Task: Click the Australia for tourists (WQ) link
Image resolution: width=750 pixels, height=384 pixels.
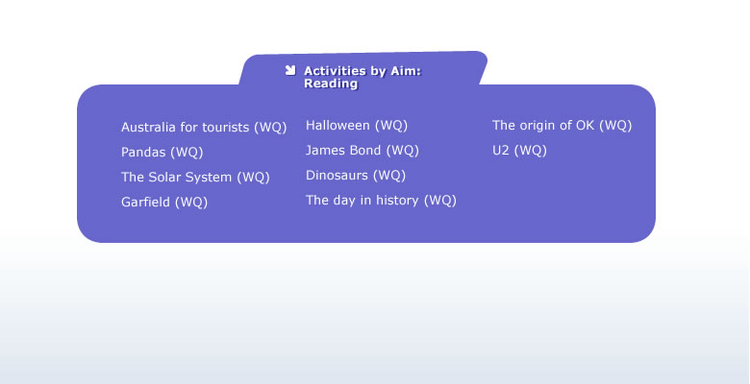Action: click(204, 128)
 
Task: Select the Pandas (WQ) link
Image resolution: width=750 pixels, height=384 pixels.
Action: click(162, 153)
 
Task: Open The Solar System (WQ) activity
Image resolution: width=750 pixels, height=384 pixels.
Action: click(195, 178)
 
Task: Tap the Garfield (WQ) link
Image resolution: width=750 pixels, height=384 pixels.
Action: click(164, 202)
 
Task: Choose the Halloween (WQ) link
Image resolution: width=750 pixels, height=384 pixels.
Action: click(357, 126)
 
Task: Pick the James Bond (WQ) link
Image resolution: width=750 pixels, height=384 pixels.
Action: click(362, 151)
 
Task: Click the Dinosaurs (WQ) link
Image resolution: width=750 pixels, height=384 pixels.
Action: click(356, 176)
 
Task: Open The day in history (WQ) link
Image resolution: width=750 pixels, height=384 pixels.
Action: click(381, 200)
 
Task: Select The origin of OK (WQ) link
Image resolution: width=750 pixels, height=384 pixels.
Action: click(562, 126)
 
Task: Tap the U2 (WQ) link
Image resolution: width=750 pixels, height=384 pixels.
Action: click(519, 151)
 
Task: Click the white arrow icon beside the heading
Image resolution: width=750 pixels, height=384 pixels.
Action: click(290, 70)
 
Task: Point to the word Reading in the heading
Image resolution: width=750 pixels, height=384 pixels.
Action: click(331, 84)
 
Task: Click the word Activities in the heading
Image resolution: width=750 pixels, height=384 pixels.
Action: click(335, 71)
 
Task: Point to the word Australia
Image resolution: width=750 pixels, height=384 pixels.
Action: click(148, 128)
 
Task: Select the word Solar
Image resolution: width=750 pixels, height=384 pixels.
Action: click(166, 178)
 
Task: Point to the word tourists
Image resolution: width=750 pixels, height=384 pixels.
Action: click(226, 128)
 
